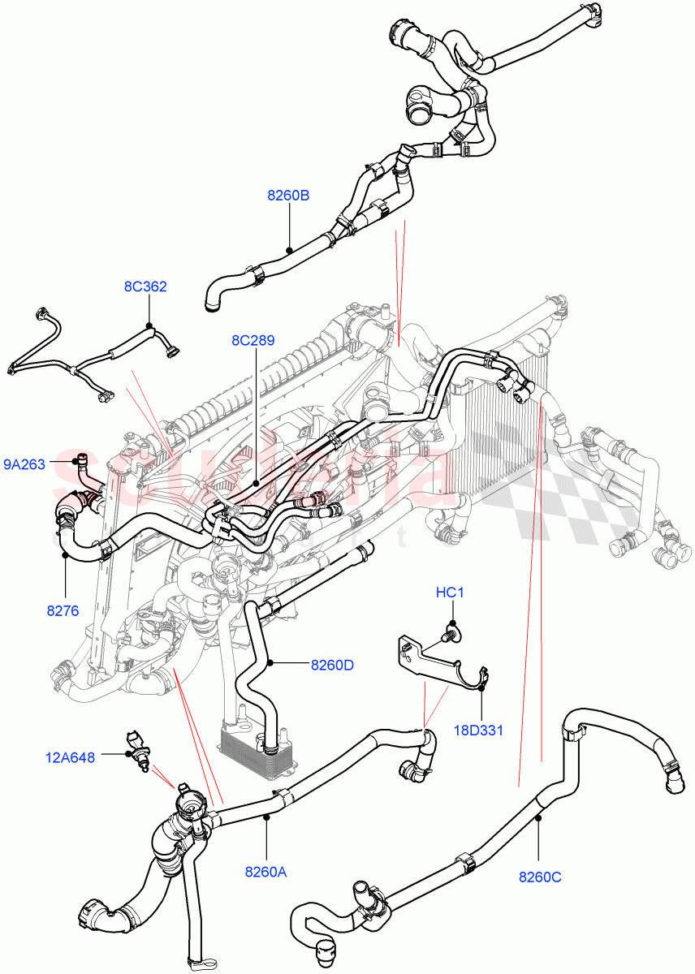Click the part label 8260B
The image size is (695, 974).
click(288, 196)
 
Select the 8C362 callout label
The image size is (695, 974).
click(145, 286)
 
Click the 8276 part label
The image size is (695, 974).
click(63, 610)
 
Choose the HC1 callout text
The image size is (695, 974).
click(449, 593)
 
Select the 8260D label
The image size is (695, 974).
click(332, 665)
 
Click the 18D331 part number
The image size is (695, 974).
click(480, 730)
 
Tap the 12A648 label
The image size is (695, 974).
click(70, 757)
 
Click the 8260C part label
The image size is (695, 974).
click(541, 876)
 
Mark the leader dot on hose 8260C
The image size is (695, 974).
click(537, 819)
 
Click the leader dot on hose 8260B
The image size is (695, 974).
click(289, 248)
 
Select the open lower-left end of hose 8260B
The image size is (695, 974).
click(212, 304)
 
